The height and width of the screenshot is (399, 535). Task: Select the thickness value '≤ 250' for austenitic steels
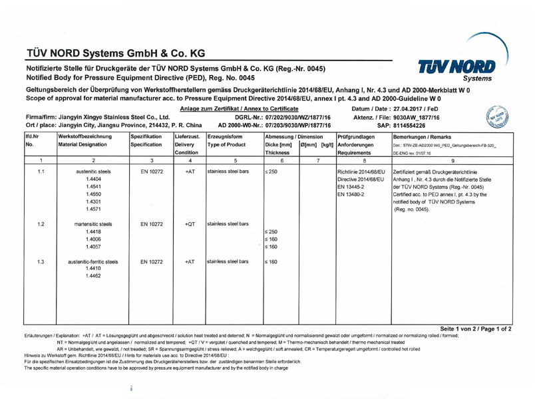[271, 172]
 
